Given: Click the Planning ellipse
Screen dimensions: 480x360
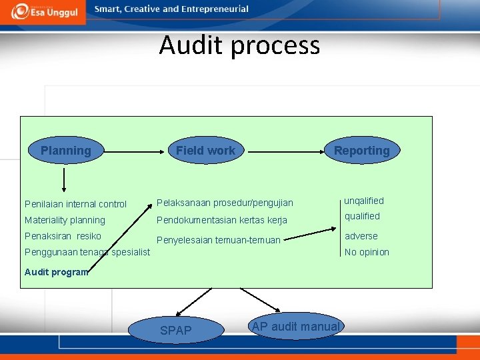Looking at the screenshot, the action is (65, 151).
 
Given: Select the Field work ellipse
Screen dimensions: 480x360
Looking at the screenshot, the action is (205, 151).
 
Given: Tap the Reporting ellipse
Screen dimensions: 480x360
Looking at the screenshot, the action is (362, 151).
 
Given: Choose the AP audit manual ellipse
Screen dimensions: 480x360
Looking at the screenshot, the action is (295, 326).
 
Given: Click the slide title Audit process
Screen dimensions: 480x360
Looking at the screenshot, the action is (239, 45).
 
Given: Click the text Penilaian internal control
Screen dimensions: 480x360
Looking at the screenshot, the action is (75, 204).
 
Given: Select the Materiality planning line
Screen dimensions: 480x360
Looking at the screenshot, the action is (65, 220).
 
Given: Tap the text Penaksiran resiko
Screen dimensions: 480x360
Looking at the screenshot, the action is (63, 236).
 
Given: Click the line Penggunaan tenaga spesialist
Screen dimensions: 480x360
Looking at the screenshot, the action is (87, 251).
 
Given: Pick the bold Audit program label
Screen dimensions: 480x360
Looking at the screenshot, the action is (56, 271).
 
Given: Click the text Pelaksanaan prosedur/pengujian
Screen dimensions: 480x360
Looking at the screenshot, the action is (225, 203).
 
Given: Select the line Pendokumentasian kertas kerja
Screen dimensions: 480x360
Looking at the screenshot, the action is (221, 220).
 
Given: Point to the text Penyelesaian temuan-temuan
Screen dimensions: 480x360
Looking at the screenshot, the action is (218, 240).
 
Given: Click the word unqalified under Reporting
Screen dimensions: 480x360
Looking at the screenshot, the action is (364, 201).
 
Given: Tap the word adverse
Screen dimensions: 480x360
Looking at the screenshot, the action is (361, 236).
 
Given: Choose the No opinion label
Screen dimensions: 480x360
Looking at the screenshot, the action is (367, 252).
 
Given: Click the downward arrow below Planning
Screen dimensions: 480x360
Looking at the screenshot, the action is (64, 180).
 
